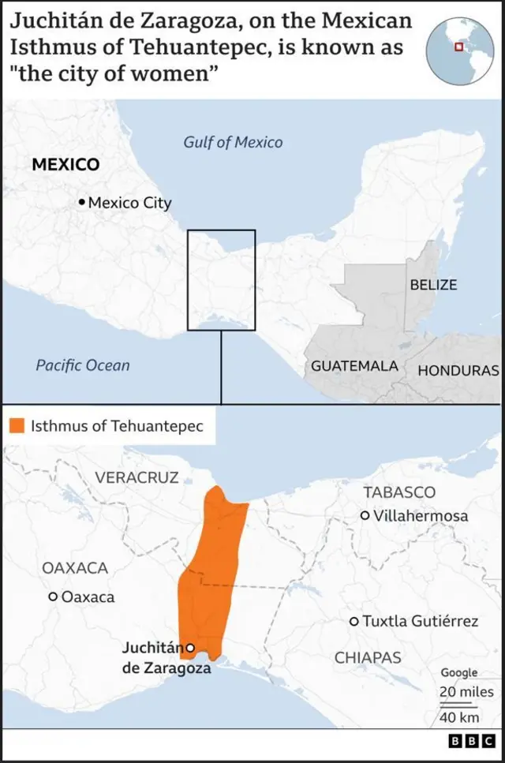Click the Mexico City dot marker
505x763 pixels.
[x=81, y=203]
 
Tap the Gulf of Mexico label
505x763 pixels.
[x=233, y=142]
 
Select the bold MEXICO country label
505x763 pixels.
[x=65, y=165]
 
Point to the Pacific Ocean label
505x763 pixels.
[x=83, y=365]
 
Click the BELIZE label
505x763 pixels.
[x=433, y=284]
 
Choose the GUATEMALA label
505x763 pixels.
[x=354, y=366]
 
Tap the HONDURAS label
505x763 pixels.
[x=458, y=370]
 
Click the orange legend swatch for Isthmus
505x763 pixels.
[x=17, y=426]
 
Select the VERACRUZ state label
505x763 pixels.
[x=137, y=477]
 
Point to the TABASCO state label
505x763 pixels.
[x=399, y=492]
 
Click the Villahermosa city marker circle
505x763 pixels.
[x=365, y=515]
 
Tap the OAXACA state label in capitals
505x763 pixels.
[x=75, y=568]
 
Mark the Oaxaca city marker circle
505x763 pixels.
[x=53, y=597]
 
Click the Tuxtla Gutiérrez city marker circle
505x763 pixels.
[x=354, y=622]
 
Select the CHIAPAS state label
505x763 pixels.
[x=368, y=657]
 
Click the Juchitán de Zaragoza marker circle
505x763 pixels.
[x=190, y=649]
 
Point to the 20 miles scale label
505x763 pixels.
[x=467, y=692]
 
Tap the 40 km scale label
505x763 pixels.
[x=458, y=717]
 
